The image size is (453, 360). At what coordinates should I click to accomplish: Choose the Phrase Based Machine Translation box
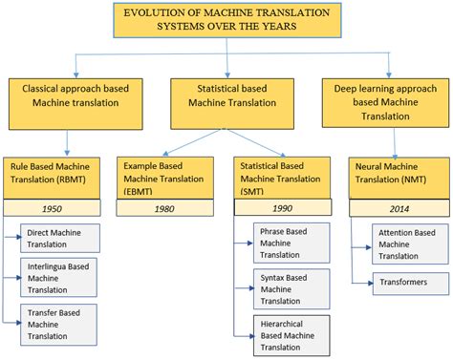coord(291,243)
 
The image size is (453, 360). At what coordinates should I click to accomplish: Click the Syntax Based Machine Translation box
coord(291,288)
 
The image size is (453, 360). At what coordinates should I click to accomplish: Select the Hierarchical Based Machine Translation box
coord(291,334)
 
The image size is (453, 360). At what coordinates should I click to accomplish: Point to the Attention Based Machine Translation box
coord(412,244)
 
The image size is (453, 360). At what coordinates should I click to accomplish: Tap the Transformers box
coord(412,283)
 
